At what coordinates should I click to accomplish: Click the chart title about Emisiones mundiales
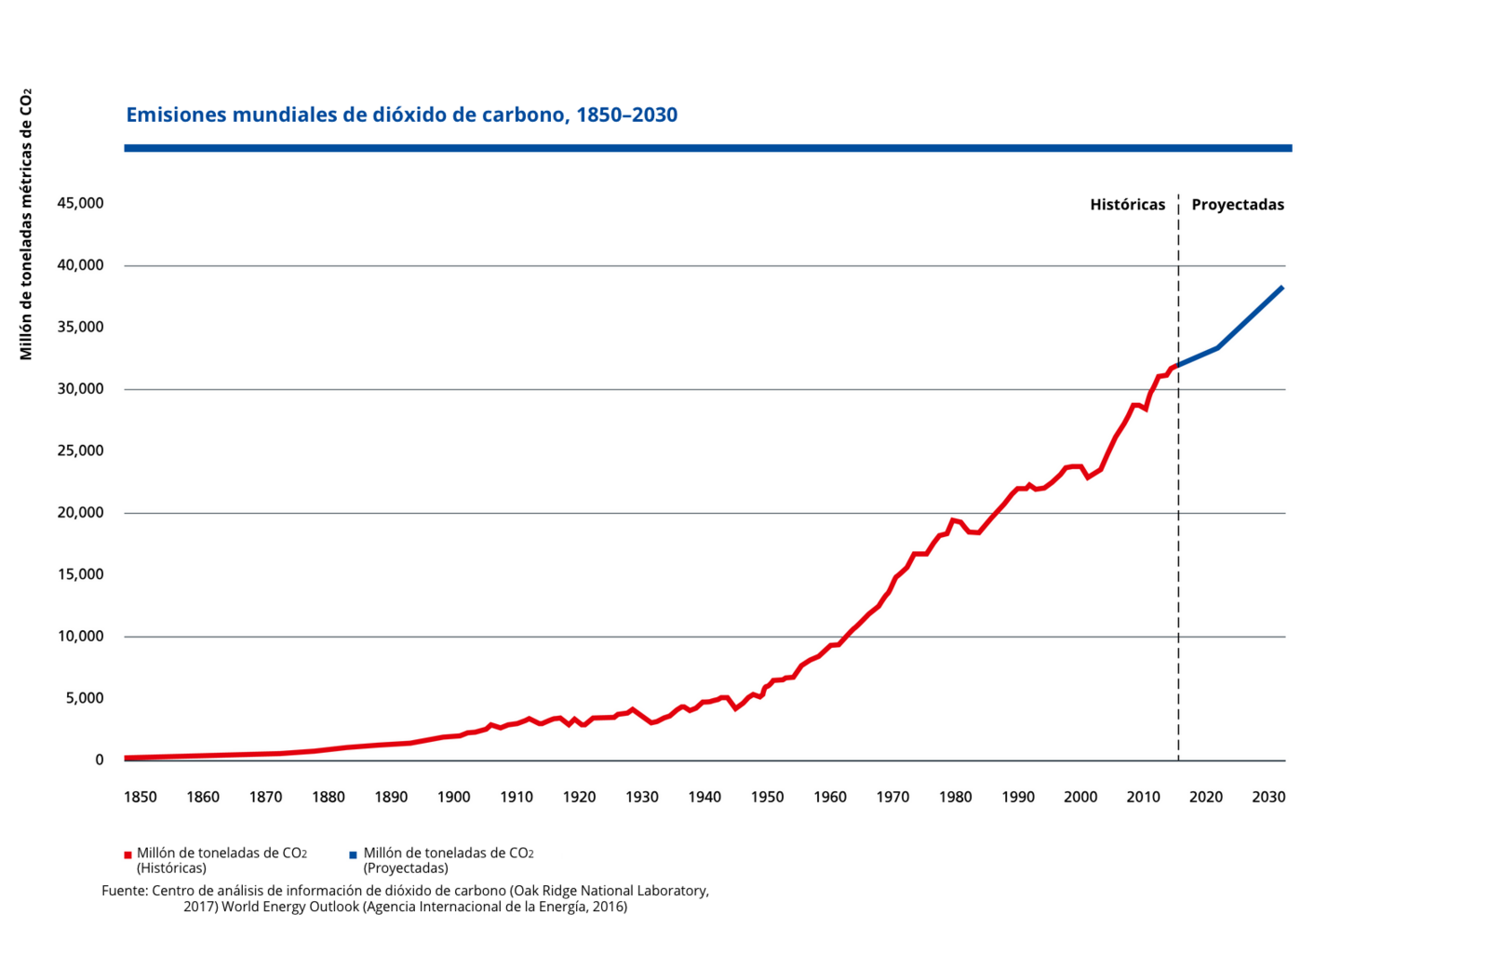pyautogui.click(x=401, y=114)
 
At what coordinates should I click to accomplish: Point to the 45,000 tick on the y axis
pyautogui.click(x=80, y=203)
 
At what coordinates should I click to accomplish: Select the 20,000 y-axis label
pyautogui.click(x=80, y=513)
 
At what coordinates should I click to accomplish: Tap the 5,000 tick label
pyautogui.click(x=84, y=698)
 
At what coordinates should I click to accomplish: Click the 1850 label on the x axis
pyautogui.click(x=141, y=797)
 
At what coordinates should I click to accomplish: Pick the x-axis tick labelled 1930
pyautogui.click(x=642, y=797)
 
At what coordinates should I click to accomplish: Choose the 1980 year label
pyautogui.click(x=956, y=797)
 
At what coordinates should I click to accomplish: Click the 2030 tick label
pyautogui.click(x=1268, y=797)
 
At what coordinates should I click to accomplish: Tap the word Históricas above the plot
pyautogui.click(x=1127, y=205)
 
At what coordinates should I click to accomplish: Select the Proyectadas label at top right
pyautogui.click(x=1237, y=205)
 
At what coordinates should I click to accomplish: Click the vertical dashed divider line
pyautogui.click(x=1178, y=558)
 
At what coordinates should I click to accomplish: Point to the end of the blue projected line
pyautogui.click(x=1282, y=288)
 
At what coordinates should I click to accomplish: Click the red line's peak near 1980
pyautogui.click(x=952, y=520)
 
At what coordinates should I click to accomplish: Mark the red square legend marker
pyautogui.click(x=128, y=854)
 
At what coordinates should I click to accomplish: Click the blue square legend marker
pyautogui.click(x=354, y=854)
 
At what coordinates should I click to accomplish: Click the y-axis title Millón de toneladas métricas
pyautogui.click(x=26, y=224)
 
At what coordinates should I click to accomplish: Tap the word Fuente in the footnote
pyautogui.click(x=124, y=891)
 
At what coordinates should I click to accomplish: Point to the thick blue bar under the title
pyautogui.click(x=707, y=148)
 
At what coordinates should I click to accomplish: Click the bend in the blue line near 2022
pyautogui.click(x=1218, y=347)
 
